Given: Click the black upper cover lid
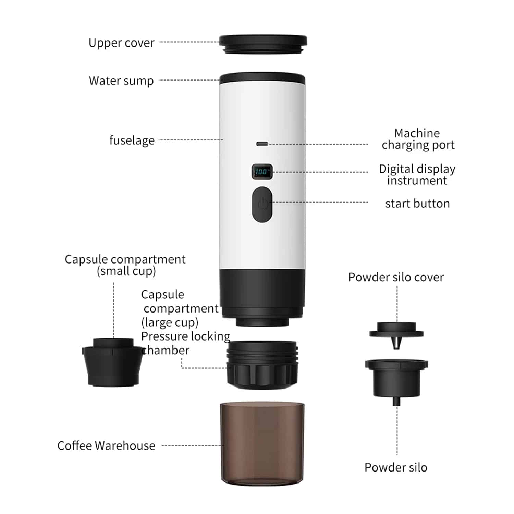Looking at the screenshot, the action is point(263,44).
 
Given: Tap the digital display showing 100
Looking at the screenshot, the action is point(262,171).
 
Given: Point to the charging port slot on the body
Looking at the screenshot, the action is point(262,144).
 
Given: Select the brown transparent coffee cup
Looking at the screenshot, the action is point(262,444).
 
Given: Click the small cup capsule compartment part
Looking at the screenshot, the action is point(112,362).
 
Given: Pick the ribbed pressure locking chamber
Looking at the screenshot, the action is point(262,365).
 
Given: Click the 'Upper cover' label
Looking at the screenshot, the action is point(121,43).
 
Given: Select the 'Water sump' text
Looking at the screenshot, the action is point(121,81).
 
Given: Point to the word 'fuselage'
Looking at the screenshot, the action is point(132,140).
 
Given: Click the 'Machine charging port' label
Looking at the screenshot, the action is point(418,139).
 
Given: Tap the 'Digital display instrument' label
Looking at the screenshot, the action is point(417,175).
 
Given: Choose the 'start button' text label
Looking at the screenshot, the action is point(417,204).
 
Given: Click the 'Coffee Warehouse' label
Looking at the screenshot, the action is point(106,445).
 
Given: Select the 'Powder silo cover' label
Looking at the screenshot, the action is point(396,277).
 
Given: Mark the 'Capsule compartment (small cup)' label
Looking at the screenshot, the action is point(125,265).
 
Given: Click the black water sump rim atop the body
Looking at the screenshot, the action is point(262,78).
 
